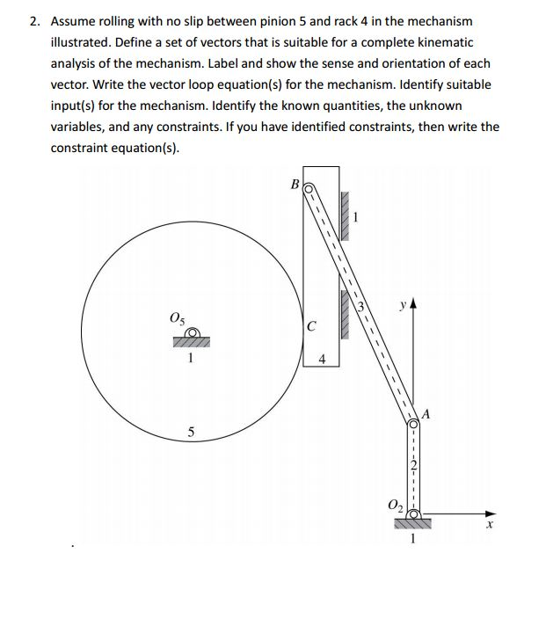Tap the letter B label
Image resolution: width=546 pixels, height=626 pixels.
click(295, 185)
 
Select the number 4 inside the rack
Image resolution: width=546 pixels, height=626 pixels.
click(323, 359)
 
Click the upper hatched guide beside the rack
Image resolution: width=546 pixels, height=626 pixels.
click(346, 215)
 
